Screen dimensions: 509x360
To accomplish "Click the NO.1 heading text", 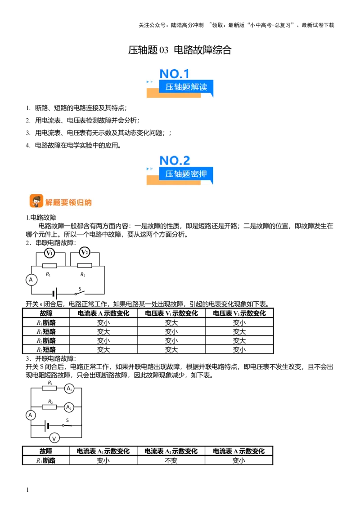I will tap(175, 74).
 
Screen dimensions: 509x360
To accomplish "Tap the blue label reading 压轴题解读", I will tap(186, 87).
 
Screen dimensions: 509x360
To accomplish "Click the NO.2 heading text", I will tap(175, 160).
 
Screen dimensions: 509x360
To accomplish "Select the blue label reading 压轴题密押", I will tap(186, 174).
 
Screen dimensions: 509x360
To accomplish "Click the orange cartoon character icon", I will tap(36, 201).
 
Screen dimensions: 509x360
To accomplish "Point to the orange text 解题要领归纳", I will tap(68, 202).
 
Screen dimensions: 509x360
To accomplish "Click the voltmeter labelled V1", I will tap(49, 253).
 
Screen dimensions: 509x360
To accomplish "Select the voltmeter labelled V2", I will tap(84, 253).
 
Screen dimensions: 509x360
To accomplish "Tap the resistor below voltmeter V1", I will tap(49, 266).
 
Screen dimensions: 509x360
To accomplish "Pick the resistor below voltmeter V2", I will tap(85, 266).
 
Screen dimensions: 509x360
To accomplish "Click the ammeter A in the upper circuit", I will tap(31, 280).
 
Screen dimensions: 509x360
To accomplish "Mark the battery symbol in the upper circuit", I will tap(54, 294).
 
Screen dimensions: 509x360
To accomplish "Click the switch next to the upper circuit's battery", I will tap(80, 295).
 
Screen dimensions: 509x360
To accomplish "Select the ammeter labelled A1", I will tap(69, 388).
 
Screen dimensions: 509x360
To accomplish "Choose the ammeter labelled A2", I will tap(69, 407).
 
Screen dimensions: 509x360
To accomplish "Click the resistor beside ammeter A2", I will tap(49, 407).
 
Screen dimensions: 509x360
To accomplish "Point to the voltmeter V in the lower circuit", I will tap(54, 438).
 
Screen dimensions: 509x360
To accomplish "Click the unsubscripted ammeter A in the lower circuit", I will tap(31, 415).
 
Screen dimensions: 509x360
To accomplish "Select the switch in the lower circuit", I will tap(68, 425).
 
